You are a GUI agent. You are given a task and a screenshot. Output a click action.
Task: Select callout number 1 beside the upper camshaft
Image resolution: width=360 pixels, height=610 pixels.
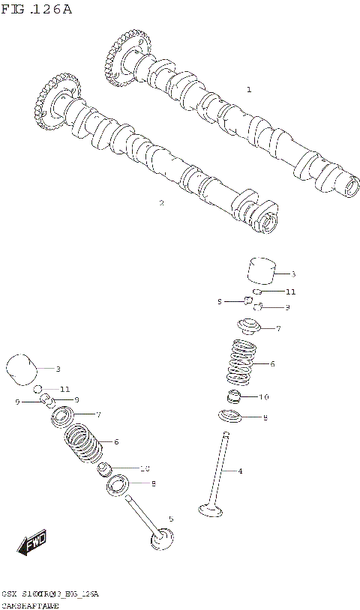tap(249, 89)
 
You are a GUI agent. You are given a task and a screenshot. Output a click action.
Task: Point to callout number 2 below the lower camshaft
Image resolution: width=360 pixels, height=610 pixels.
tap(160, 202)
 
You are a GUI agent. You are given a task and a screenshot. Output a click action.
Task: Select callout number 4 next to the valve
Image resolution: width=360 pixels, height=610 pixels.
tap(240, 471)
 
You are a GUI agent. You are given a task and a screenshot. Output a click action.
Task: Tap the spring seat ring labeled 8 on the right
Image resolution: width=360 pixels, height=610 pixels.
tap(232, 417)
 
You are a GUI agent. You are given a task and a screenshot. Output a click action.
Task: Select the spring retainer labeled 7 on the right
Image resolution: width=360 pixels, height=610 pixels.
tap(248, 328)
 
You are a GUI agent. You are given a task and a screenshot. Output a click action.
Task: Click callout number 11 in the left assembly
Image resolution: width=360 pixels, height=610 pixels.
tap(64, 390)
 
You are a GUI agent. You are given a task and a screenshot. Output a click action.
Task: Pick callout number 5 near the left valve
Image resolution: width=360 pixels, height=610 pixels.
tap(170, 519)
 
